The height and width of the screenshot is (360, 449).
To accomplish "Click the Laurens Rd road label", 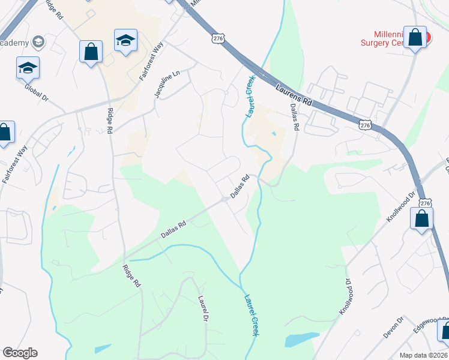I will point(294,95).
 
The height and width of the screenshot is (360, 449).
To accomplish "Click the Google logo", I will point(20,353).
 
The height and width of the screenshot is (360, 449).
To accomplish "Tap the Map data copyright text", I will point(423,355).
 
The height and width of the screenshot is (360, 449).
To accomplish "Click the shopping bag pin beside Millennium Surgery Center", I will point(415,38).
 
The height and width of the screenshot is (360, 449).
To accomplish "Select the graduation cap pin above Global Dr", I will point(28,68).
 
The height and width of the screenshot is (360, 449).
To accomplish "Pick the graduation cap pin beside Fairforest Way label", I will point(125,41).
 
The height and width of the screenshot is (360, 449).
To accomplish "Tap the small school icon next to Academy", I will point(38,41).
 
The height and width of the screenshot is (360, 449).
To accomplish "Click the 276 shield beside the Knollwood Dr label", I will point(425,203).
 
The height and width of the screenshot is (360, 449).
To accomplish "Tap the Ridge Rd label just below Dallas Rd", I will point(131,275).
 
